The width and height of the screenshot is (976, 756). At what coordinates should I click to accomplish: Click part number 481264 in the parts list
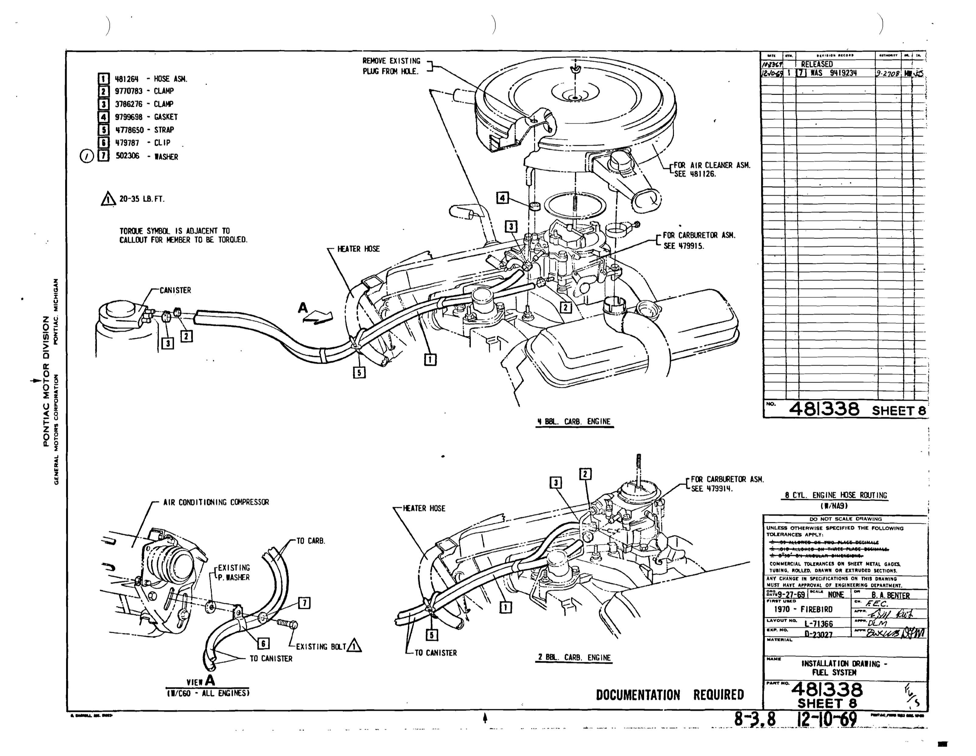[x=127, y=79]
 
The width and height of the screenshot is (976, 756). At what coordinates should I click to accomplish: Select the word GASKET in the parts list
[x=166, y=117]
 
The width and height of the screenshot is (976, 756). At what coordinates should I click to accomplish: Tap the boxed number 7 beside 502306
[x=103, y=156]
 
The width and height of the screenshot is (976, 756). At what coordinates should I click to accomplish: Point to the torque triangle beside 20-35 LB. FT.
[x=108, y=199]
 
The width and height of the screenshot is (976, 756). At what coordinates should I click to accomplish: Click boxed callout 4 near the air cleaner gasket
[x=503, y=198]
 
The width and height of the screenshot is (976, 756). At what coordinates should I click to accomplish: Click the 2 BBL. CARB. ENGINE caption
[x=574, y=657]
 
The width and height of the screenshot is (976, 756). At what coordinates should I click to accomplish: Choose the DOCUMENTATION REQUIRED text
[x=669, y=695]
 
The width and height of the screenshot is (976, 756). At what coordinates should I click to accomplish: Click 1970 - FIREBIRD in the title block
[x=803, y=610]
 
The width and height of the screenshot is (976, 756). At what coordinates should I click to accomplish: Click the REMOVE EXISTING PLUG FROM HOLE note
[x=391, y=66]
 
